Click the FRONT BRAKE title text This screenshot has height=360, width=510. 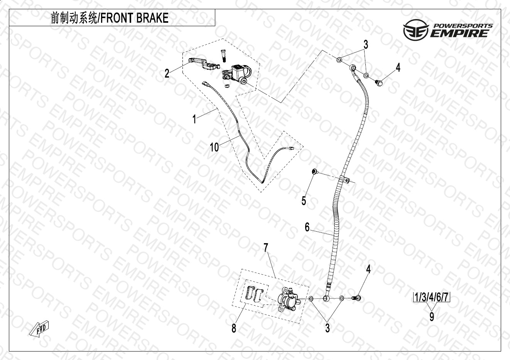tap(110, 18)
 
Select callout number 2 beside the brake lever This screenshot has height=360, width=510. tap(167, 73)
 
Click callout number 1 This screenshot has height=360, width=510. tap(194, 119)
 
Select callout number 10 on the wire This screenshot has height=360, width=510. tap(214, 147)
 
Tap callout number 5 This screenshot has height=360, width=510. tap(304, 200)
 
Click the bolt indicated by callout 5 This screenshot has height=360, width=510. tap(314, 172)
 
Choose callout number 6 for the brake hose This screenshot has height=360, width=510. tap(307, 227)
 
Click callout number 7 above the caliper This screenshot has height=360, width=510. tap(266, 247)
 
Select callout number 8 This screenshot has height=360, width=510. tap(234, 328)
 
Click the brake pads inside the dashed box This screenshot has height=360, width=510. tap(253, 294)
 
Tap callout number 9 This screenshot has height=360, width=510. tap(432, 316)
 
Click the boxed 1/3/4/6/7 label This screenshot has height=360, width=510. tap(432, 298)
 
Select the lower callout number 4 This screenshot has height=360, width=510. tap(368, 269)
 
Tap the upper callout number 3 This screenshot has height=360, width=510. tap(365, 44)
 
